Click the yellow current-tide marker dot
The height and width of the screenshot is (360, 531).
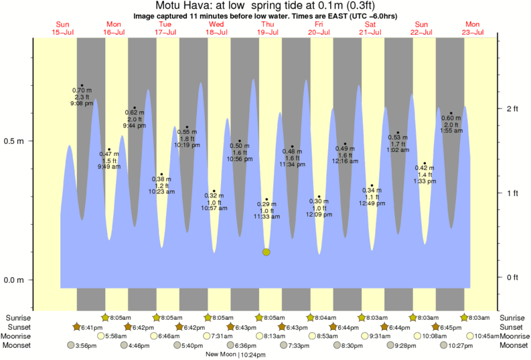(x=267, y=252)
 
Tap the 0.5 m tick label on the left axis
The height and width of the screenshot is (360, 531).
(x=14, y=142)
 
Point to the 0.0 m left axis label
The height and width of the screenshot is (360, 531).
(x=14, y=280)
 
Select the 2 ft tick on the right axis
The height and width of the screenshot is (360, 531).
(x=512, y=108)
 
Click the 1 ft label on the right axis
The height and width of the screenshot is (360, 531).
(x=512, y=193)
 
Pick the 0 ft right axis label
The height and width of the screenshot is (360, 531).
(x=512, y=277)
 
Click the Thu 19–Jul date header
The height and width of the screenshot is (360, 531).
(x=267, y=28)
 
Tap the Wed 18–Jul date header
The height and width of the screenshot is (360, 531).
(x=216, y=28)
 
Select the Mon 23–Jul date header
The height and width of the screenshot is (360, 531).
(x=472, y=28)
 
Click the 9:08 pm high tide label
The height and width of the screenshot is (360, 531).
(x=82, y=104)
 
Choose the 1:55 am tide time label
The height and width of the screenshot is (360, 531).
(x=451, y=131)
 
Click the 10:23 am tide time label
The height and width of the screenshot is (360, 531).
(x=161, y=191)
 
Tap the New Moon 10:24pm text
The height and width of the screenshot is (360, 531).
(x=236, y=355)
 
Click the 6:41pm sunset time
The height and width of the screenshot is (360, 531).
(x=92, y=327)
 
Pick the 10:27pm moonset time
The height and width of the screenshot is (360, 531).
(x=461, y=345)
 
